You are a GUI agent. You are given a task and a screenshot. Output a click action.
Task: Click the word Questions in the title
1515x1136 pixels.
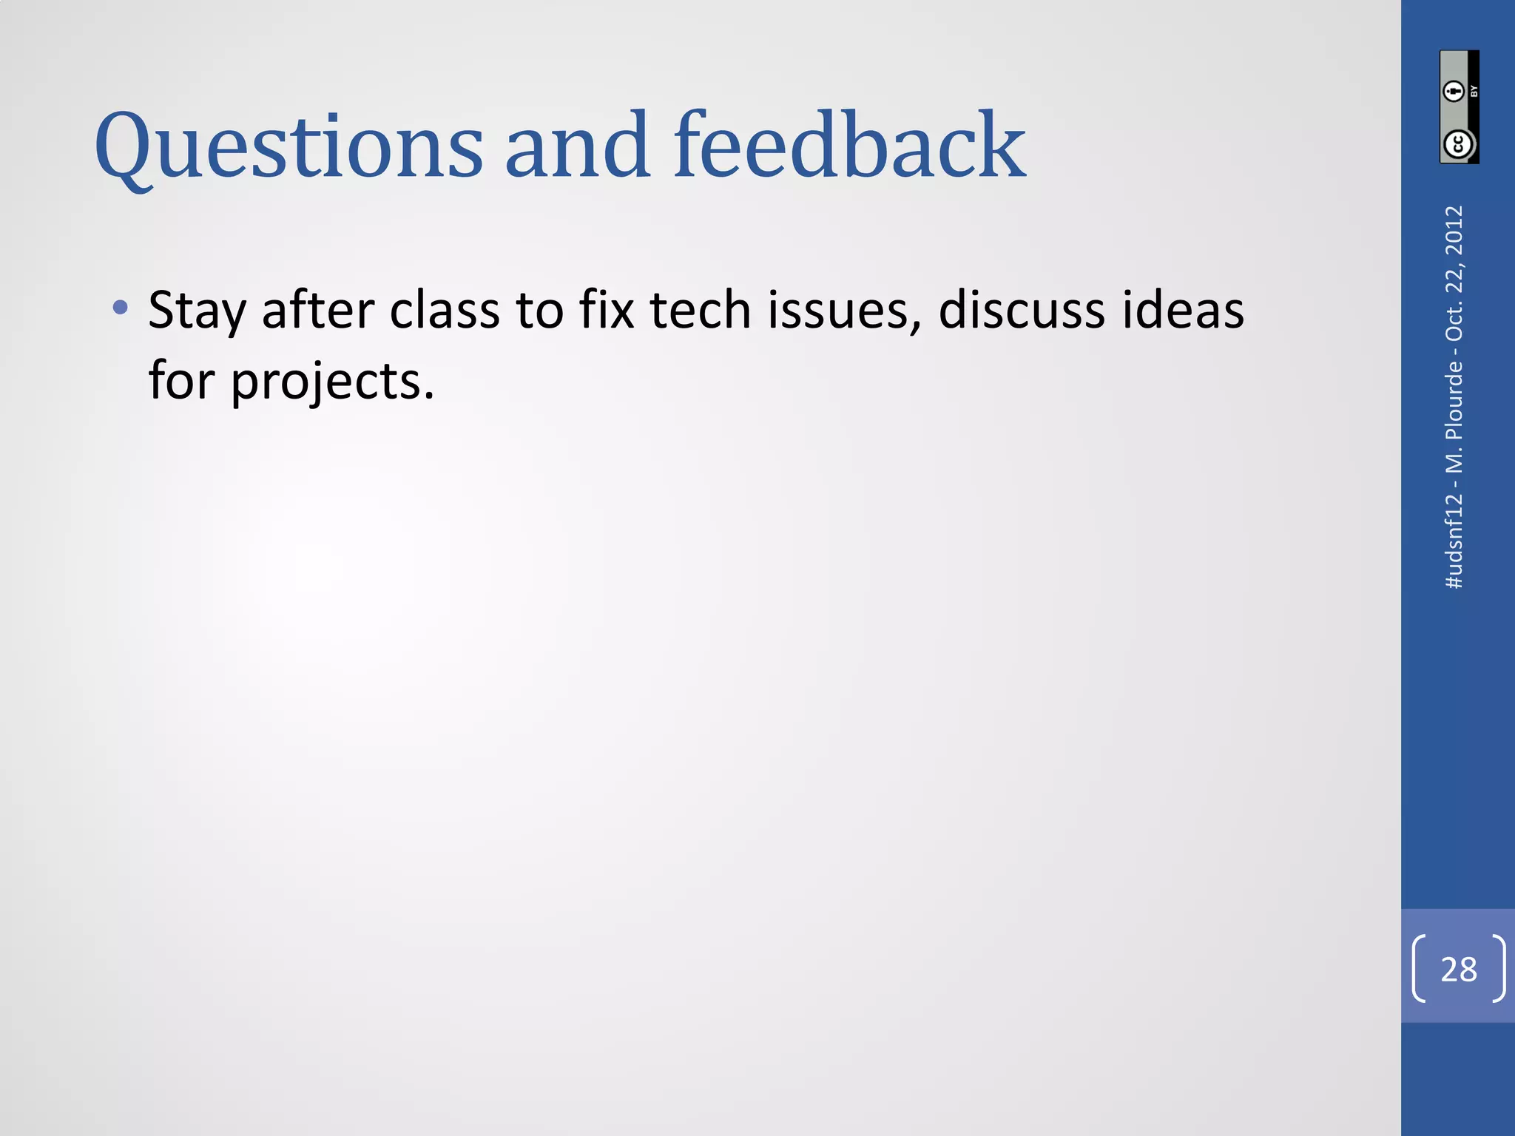(289, 146)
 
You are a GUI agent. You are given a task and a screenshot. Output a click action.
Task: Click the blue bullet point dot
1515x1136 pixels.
(121, 307)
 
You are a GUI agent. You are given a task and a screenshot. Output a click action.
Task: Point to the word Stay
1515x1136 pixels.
(196, 311)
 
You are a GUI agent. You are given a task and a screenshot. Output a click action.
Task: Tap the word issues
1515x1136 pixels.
(844, 311)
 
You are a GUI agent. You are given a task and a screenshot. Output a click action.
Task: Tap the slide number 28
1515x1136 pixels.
(1459, 969)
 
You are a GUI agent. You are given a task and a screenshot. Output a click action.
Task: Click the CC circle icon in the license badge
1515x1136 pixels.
(1459, 143)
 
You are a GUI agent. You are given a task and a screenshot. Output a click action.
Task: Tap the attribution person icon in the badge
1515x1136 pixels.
(1454, 91)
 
